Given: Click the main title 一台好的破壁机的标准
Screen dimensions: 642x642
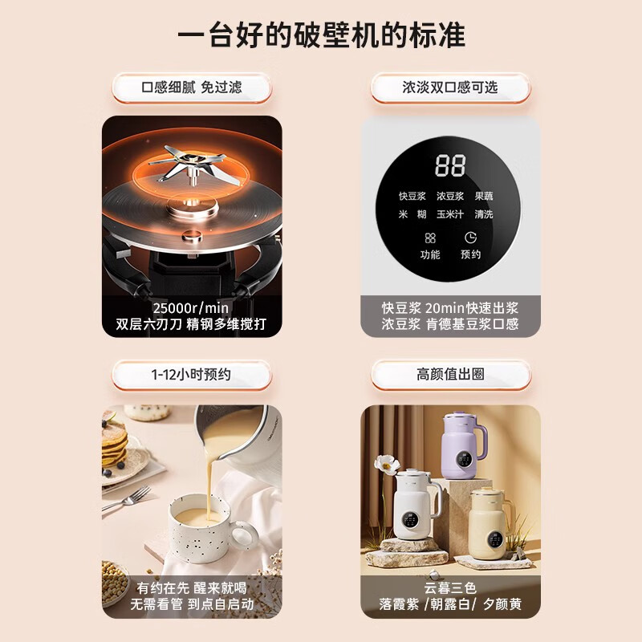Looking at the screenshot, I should coord(321,36).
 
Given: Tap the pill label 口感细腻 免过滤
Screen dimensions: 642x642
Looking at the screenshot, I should coord(192,87).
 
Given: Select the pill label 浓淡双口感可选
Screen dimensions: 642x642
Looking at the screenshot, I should coord(450,87).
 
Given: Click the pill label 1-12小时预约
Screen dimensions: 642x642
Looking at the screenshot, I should coord(192,374).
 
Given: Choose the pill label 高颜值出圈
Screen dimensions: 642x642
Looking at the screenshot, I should coord(450,374).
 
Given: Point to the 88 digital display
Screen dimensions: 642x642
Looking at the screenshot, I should coord(450,166).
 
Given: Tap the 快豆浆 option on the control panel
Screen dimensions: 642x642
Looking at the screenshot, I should coord(413,196).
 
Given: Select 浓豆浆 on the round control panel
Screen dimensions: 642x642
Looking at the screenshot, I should coord(450,196).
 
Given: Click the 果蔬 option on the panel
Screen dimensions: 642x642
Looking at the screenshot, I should coord(484,196).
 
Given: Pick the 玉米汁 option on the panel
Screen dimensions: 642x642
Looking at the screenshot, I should coord(450,214).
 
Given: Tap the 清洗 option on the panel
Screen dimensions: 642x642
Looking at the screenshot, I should coord(484,214).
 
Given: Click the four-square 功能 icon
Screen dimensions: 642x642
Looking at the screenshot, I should coord(430,238).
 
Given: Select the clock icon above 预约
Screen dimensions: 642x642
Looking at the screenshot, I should coord(470,238).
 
